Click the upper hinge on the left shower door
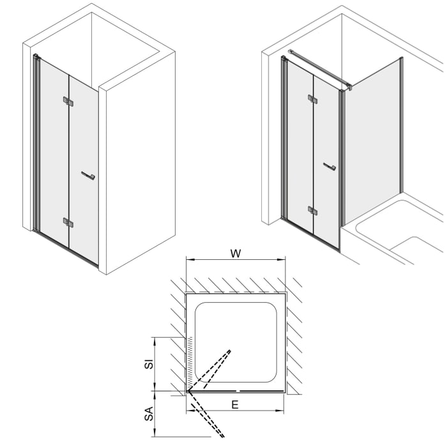[68, 101]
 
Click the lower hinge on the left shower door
[68, 222]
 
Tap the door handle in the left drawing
[87, 175]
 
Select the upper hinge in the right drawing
[312, 99]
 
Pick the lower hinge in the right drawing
[312, 210]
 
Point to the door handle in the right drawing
[330, 167]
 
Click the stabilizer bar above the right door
[319, 67]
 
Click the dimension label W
[235, 253]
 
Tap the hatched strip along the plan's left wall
[190, 361]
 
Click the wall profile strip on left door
[36, 144]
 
